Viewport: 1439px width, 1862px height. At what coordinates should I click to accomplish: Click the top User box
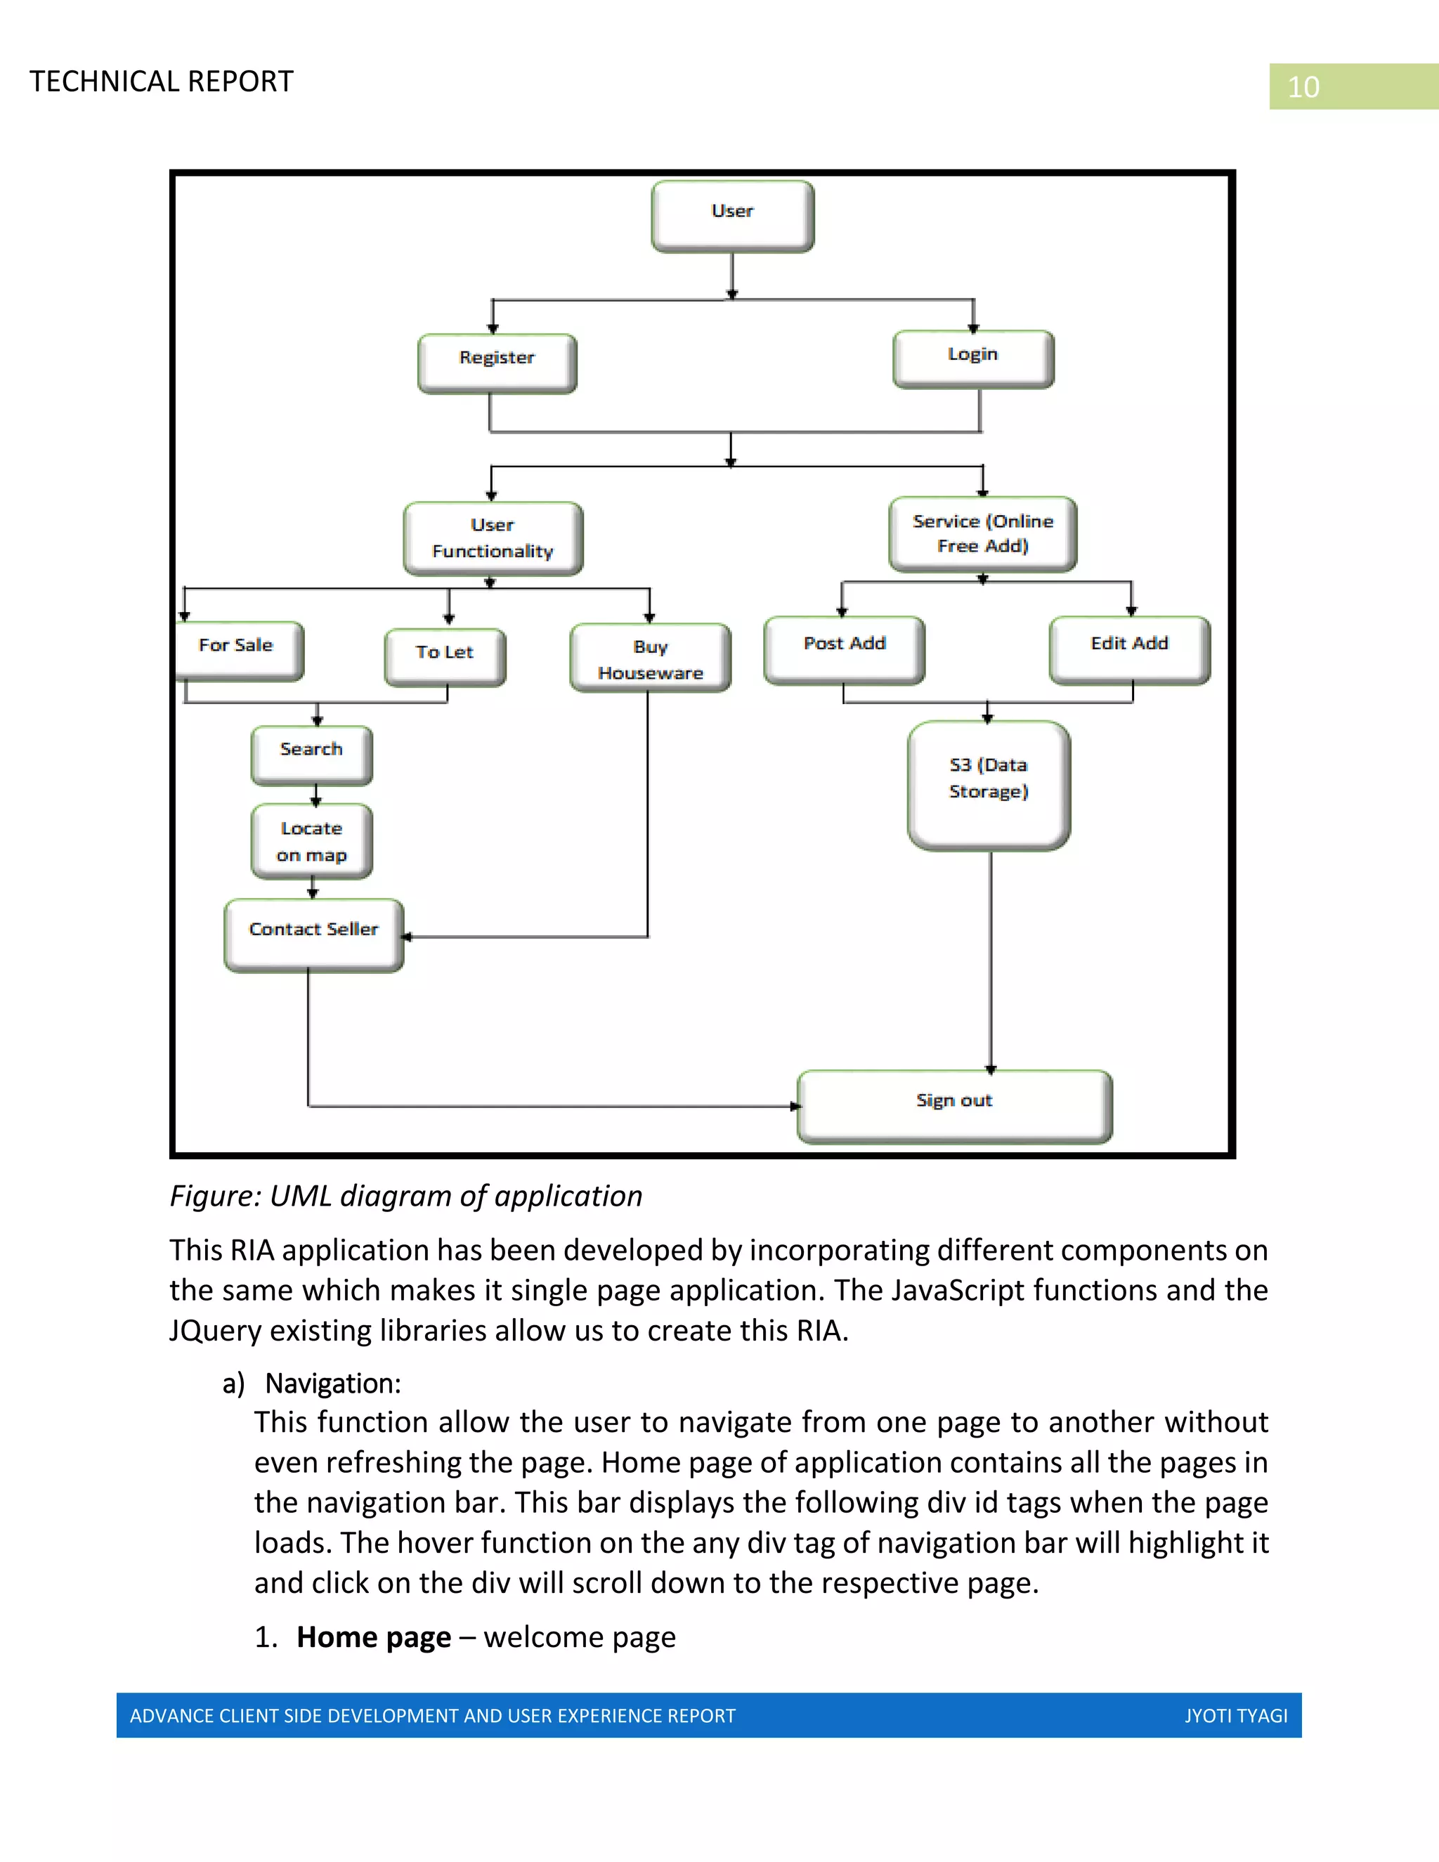(x=732, y=216)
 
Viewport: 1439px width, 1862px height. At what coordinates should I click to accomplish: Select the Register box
(x=497, y=363)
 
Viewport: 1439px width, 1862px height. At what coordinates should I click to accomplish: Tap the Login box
(x=972, y=358)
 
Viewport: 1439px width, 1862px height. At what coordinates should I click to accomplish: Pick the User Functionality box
(x=493, y=538)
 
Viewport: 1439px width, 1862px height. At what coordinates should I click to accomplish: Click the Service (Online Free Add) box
(x=982, y=534)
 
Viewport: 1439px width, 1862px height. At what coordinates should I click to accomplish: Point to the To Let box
(x=445, y=656)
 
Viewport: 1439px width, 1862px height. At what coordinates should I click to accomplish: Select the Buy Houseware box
(x=650, y=658)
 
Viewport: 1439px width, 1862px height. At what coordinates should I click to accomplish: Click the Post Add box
(x=844, y=650)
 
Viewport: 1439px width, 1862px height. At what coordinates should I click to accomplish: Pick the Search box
(x=311, y=755)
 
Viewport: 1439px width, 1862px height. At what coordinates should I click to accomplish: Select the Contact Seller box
(x=313, y=935)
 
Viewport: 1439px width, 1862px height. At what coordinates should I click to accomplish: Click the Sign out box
(x=954, y=1106)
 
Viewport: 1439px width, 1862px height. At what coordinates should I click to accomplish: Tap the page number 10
(x=1303, y=87)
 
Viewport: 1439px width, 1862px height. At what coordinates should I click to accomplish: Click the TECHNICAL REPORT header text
(x=161, y=82)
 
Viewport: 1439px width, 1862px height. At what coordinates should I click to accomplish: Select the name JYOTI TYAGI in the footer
(x=1235, y=1715)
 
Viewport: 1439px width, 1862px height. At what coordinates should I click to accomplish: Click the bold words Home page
(x=373, y=1637)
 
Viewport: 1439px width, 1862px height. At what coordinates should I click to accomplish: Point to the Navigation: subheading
(x=332, y=1383)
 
